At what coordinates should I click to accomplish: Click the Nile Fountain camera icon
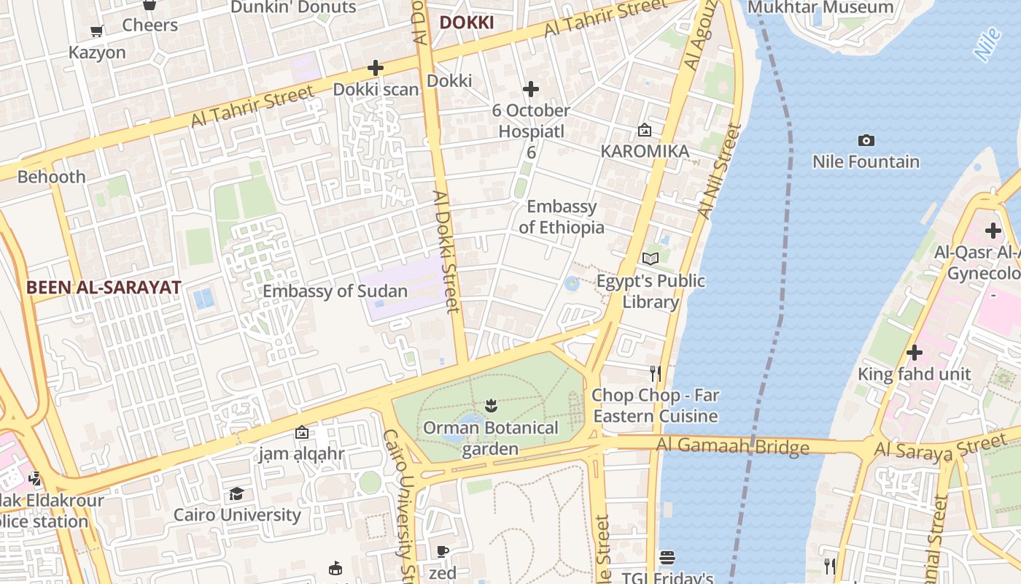[866, 140]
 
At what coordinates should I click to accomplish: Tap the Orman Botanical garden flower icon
[490, 405]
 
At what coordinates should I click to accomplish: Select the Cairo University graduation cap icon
[236, 494]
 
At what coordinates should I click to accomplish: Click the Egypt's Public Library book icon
[651, 258]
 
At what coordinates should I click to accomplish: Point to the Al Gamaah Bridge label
[732, 446]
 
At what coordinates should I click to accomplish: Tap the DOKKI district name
[466, 23]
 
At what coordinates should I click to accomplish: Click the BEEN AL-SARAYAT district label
[104, 287]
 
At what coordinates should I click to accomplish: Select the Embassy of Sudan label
[335, 291]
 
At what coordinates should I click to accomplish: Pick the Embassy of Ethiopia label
[561, 217]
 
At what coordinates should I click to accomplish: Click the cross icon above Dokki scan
[376, 68]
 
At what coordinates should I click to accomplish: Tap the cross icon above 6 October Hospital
[531, 89]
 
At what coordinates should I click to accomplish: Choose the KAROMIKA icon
[645, 130]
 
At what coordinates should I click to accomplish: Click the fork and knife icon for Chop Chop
[655, 374]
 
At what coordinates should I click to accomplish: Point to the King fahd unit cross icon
[914, 353]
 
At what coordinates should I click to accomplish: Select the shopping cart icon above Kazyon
[96, 31]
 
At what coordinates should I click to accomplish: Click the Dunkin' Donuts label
[293, 7]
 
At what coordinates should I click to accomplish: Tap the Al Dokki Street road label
[447, 251]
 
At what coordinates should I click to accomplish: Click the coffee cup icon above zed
[442, 551]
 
